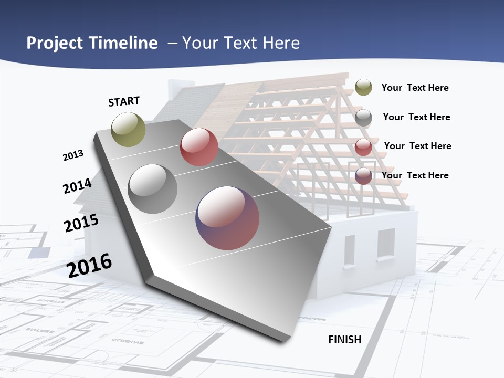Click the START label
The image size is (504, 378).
[x=124, y=101]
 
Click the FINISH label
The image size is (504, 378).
[x=345, y=340]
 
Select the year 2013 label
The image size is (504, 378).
[x=73, y=155]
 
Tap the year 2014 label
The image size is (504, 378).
[x=77, y=186]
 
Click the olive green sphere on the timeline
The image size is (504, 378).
[x=129, y=129]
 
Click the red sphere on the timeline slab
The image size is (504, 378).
[x=199, y=147]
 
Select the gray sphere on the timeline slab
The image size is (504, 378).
[x=153, y=188]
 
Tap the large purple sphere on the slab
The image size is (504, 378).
[x=227, y=218]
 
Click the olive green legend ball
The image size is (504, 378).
[x=363, y=87]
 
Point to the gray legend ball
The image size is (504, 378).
[x=363, y=117]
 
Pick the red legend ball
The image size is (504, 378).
[x=363, y=146]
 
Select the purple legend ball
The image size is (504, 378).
[x=363, y=176]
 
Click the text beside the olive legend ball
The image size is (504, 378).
[x=415, y=88]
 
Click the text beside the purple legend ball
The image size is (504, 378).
[x=415, y=175]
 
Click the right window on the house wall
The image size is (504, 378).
[x=386, y=244]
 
